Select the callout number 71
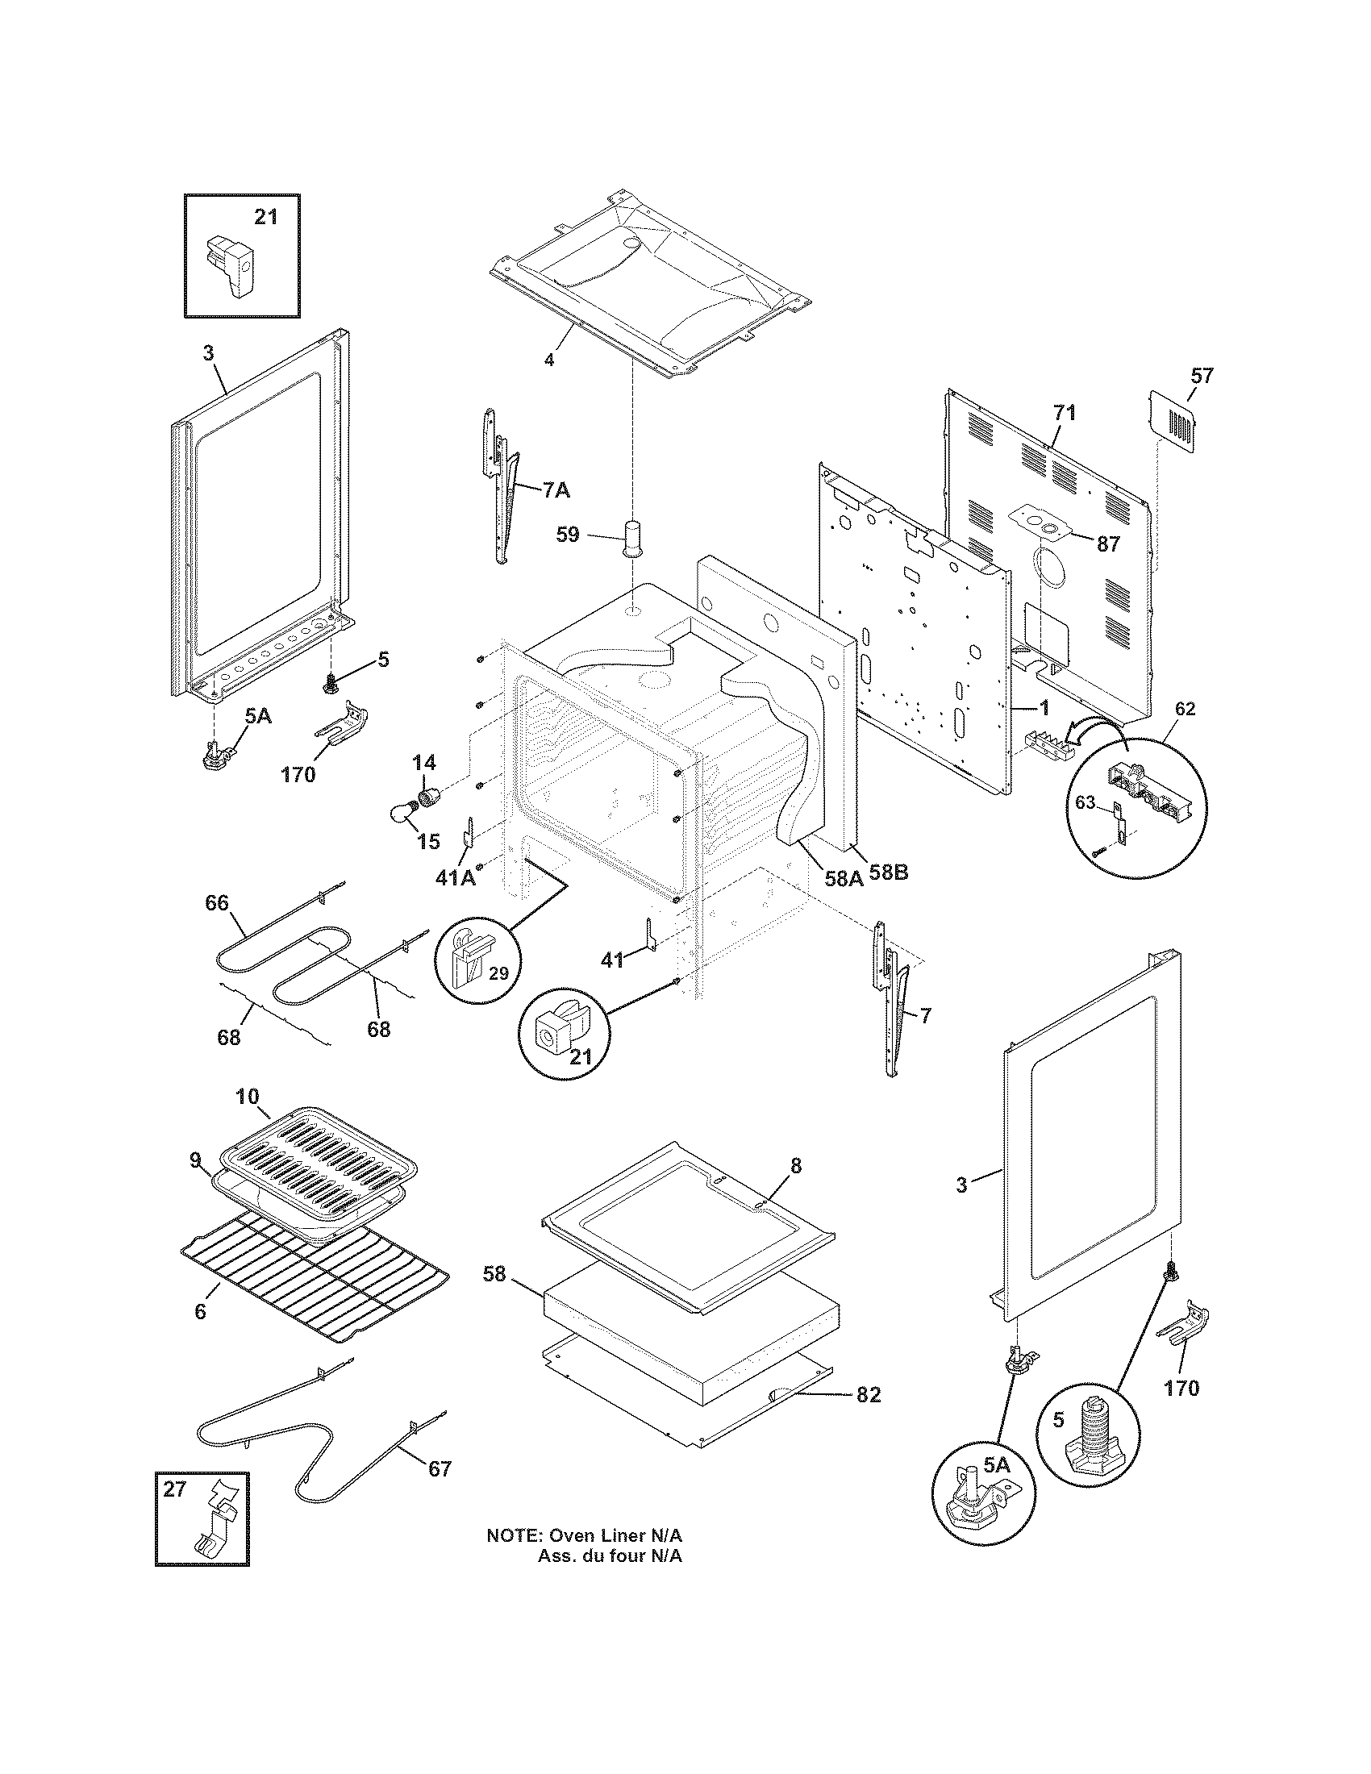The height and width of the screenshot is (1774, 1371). [x=1065, y=413]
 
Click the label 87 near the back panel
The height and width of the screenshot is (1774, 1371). [x=1108, y=544]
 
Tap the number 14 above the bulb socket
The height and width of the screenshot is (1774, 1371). [x=423, y=762]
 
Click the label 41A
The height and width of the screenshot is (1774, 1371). [x=456, y=878]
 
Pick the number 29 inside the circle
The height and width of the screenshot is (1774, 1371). [x=498, y=973]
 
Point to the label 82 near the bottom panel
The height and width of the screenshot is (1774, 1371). [x=868, y=1394]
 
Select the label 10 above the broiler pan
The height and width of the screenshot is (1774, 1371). [x=248, y=1097]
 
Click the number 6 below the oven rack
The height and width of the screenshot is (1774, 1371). [x=200, y=1311]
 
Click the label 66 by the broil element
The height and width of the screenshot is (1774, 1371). [x=217, y=902]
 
